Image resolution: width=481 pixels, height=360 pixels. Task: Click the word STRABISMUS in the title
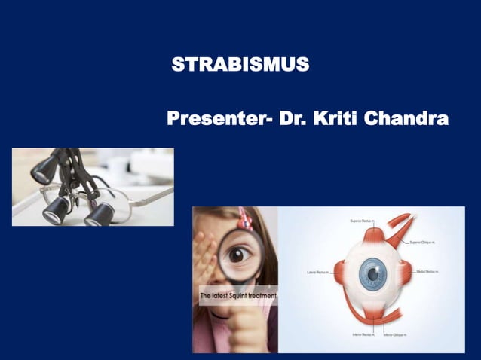click(240, 65)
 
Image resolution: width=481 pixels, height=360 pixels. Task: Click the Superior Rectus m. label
click(363, 221)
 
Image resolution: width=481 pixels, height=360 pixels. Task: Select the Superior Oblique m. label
click(425, 242)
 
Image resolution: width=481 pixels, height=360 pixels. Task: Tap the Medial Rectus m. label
click(429, 272)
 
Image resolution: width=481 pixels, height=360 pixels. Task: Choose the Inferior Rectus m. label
click(362, 334)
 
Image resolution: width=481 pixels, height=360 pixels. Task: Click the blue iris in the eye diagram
click(372, 273)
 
